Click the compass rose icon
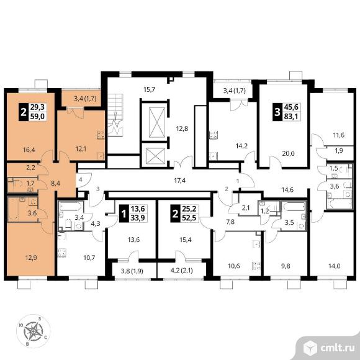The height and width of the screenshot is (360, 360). point(34,331)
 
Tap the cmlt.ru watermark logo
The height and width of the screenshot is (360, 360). point(329,348)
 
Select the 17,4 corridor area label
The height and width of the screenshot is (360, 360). point(180,181)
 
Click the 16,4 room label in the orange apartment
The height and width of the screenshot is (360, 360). point(29,150)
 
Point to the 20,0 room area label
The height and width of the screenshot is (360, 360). point(288,153)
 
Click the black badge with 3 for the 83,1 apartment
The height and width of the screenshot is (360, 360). point(277,112)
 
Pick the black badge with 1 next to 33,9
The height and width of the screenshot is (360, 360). point(124,214)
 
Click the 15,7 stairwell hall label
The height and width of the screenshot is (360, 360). point(149,89)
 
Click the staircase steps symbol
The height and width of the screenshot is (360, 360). point(115,115)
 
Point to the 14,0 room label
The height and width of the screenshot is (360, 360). point(335,266)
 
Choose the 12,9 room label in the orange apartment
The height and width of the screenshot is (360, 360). point(31,258)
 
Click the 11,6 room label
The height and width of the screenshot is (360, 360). point(339,135)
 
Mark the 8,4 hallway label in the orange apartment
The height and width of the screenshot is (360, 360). point(55,183)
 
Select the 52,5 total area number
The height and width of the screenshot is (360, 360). point(189,218)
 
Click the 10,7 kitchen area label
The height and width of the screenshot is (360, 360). point(89,258)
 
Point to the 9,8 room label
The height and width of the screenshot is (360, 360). point(286,266)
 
